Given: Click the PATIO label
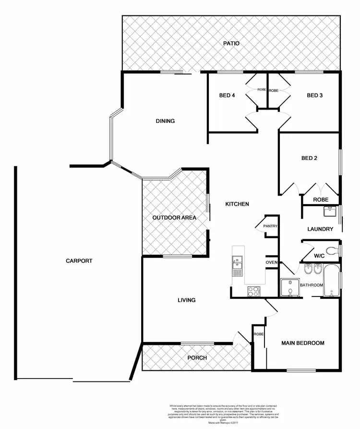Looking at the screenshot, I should (231, 44).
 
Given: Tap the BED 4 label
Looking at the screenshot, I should (227, 95).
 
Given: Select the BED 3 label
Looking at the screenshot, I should (314, 95).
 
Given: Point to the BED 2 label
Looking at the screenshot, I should (309, 158).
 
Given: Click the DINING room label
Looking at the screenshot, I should (165, 121).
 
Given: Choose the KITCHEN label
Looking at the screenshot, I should (237, 204).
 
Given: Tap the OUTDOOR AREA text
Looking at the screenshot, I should (174, 218).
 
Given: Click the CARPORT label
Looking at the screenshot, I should (79, 261).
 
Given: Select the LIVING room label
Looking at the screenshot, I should (186, 300).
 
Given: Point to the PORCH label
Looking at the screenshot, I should (197, 358).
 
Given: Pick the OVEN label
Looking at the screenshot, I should (272, 262).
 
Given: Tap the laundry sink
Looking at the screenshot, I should (330, 210).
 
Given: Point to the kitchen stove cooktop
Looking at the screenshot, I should (253, 291).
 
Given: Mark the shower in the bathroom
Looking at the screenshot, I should (289, 287).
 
